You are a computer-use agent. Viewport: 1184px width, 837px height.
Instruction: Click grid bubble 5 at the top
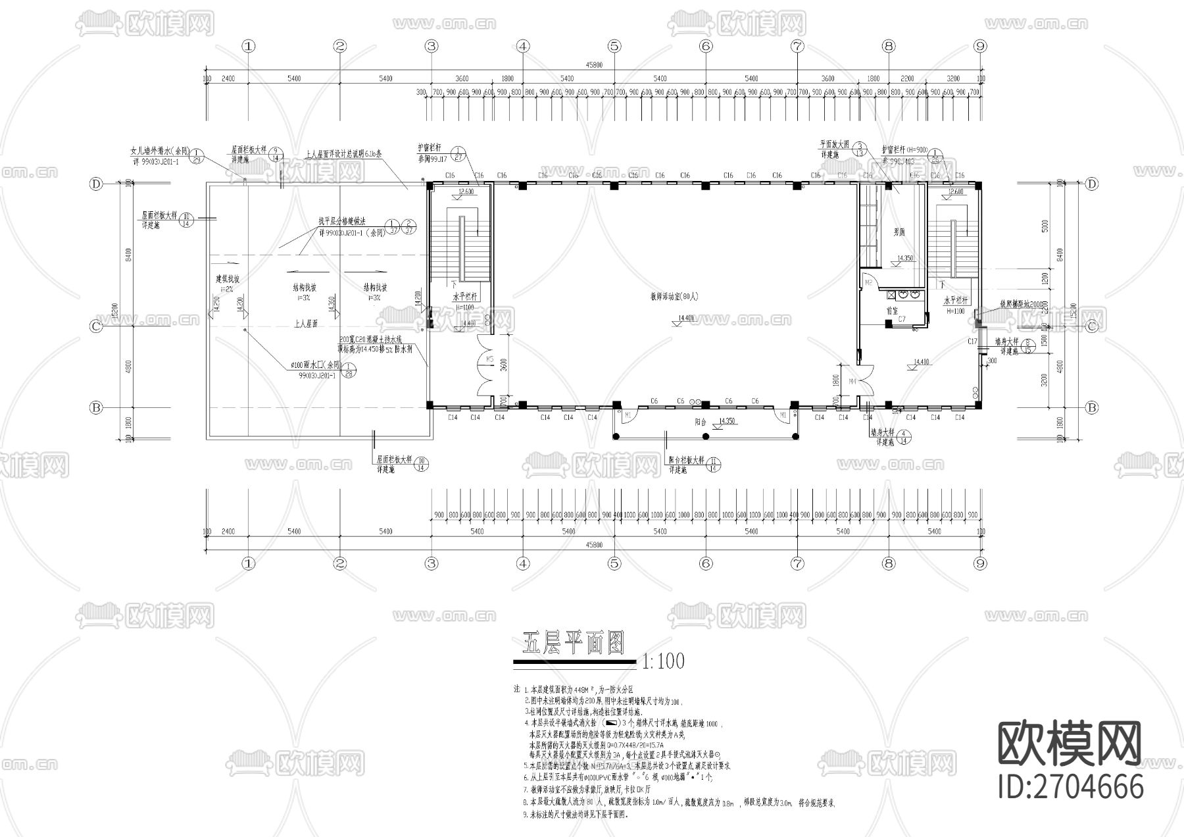[x=614, y=46]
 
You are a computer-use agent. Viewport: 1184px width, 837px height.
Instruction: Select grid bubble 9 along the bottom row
[x=980, y=563]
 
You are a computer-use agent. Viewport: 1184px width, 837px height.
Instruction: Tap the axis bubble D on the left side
[x=96, y=184]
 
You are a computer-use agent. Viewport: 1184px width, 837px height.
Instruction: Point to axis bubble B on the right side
[x=1092, y=408]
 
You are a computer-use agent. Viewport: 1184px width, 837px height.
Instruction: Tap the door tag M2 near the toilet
[x=868, y=282]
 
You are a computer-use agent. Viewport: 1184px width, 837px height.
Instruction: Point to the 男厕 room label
[x=899, y=232]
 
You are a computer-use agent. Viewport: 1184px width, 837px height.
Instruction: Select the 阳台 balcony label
[x=701, y=422]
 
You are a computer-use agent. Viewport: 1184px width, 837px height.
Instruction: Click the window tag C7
[x=902, y=319]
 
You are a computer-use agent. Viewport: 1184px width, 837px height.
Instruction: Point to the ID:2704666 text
[x=1070, y=786]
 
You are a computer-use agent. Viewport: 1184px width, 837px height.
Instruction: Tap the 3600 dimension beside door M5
[x=503, y=365]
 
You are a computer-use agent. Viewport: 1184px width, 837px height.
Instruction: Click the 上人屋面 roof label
[x=306, y=324]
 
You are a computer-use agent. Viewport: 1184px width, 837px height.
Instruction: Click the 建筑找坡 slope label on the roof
[x=228, y=279]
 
